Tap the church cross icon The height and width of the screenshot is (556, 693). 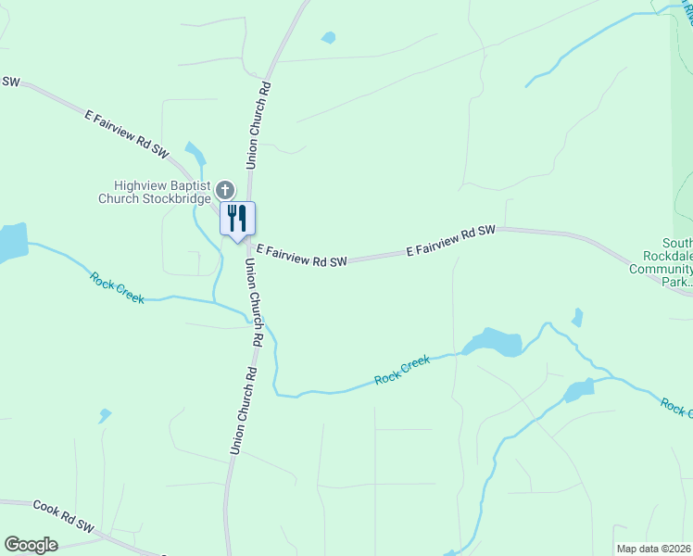[x=224, y=191]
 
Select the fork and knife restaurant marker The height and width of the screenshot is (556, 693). [x=237, y=219]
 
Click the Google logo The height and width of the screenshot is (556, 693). [x=31, y=545]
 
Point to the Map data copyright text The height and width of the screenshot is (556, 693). [x=654, y=549]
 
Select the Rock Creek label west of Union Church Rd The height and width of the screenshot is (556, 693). [x=117, y=286]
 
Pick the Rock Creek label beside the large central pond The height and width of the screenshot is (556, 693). [x=403, y=370]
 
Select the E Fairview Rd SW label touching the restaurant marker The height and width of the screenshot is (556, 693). [x=302, y=256]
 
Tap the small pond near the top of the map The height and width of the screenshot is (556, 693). [x=328, y=38]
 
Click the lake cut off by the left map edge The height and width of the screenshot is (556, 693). [x=11, y=242]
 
